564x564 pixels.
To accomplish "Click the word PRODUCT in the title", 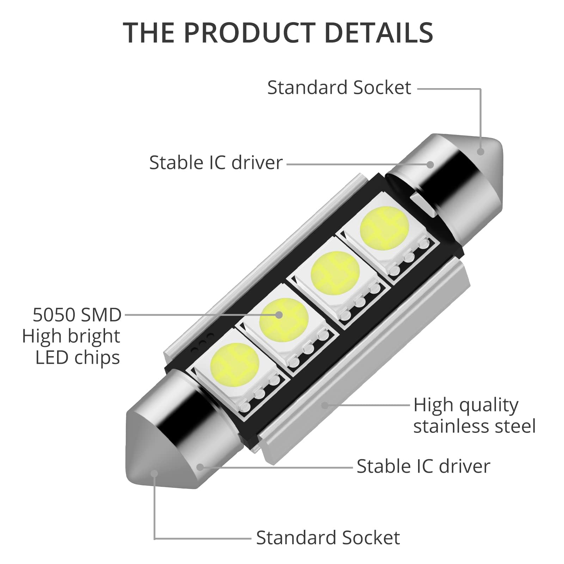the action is [x=248, y=32].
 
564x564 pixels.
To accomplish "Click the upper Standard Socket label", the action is [x=339, y=87].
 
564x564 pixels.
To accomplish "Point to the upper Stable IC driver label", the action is [x=216, y=163].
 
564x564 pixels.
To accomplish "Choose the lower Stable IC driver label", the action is [x=423, y=466].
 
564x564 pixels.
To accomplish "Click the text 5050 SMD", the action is [x=77, y=315].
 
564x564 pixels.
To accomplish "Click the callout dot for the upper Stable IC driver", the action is [x=430, y=164].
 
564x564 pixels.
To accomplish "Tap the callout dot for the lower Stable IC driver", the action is [x=200, y=467].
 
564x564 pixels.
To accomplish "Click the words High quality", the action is [x=466, y=405].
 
